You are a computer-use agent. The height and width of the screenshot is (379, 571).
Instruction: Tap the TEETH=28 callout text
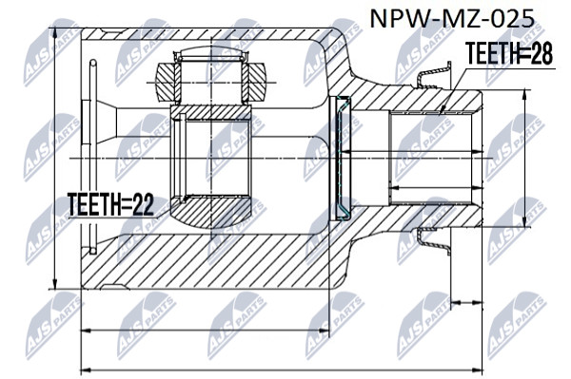pos(509,53)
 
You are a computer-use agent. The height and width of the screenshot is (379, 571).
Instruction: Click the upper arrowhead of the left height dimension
pos(54,34)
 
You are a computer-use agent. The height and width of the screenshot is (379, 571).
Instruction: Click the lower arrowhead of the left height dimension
pos(54,283)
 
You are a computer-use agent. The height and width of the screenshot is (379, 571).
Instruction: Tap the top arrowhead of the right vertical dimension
pos(524,95)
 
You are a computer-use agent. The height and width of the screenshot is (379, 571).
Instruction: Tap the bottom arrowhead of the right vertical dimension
pos(524,221)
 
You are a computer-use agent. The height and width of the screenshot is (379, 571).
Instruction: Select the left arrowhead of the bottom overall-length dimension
pos(87,370)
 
